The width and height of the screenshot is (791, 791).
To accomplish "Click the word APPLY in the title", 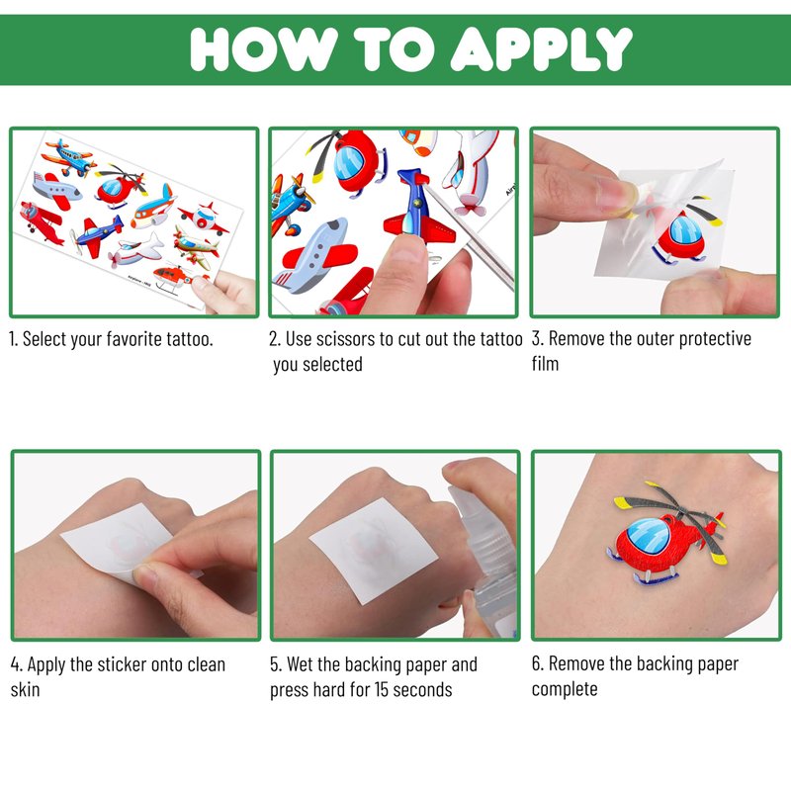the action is coord(541,48).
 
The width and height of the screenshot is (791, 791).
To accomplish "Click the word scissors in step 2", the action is coord(344,339).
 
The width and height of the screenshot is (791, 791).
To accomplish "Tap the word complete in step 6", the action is coord(565,689).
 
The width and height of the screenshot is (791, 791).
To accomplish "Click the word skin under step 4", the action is coord(26,689).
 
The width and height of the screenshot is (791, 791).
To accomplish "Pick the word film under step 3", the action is coord(546,363).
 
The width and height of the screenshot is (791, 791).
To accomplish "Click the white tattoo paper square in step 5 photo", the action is coord(374,551).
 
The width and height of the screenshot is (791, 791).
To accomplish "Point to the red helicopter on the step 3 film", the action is coord(684,233).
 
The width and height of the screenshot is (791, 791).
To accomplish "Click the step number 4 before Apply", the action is coord(16,665).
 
